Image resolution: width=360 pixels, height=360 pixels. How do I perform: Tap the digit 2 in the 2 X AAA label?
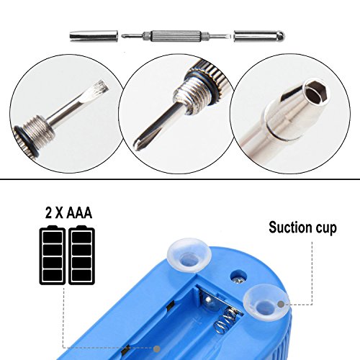click(x=48, y=215)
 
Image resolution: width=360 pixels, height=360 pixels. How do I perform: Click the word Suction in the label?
click(x=290, y=229)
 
